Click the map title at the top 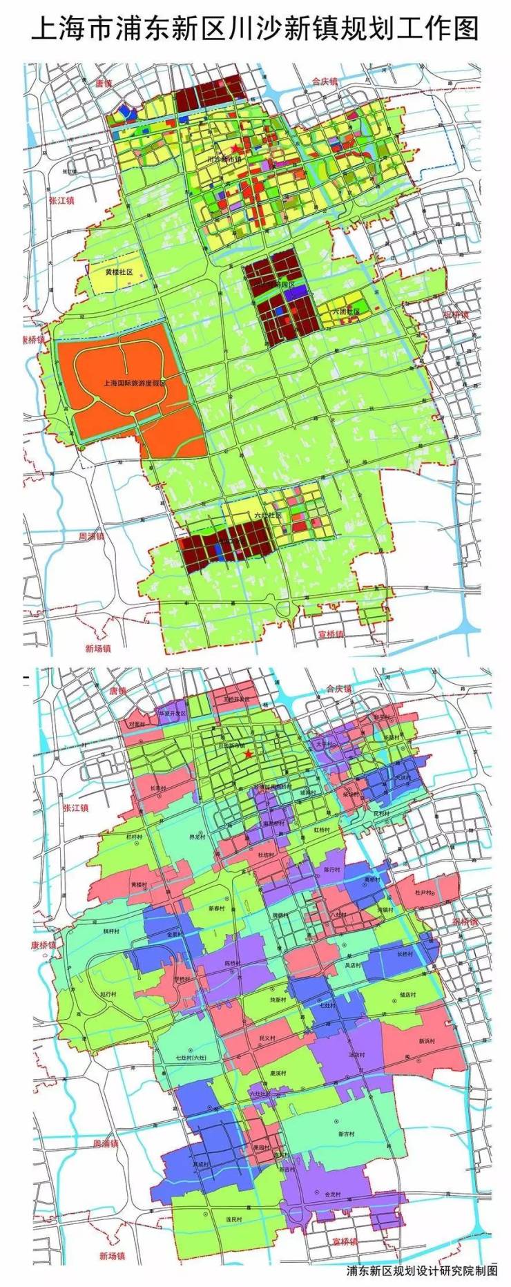[x=256, y=29]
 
